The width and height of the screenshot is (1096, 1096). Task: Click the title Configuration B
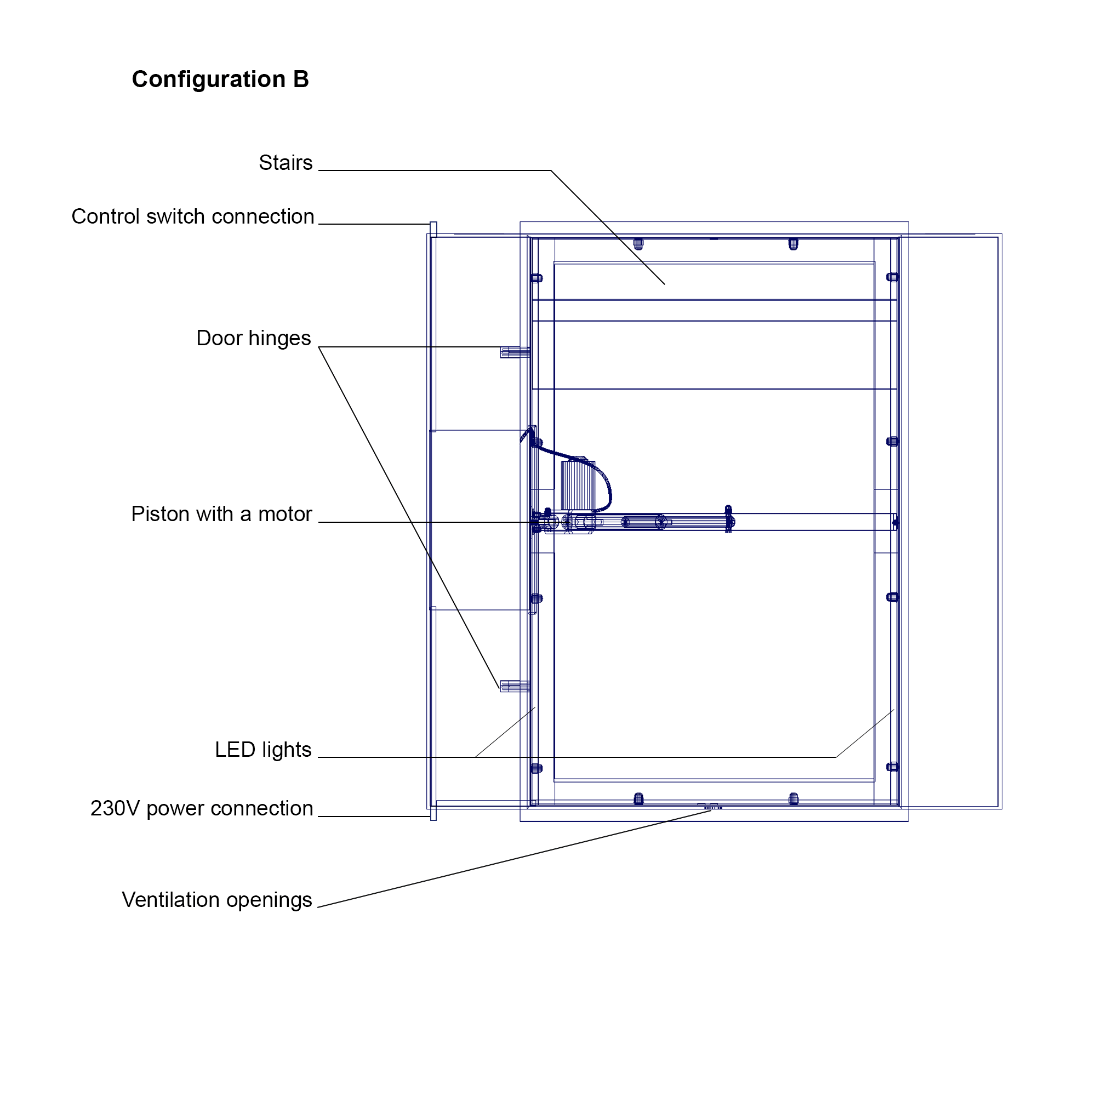pyautogui.click(x=220, y=79)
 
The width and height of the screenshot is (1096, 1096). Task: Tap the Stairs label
pyautogui.click(x=286, y=163)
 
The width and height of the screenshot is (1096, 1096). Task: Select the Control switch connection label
pyautogui.click(x=193, y=216)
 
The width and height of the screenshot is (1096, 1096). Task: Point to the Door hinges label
pyautogui.click(x=254, y=339)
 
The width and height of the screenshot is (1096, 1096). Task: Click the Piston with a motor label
pyautogui.click(x=222, y=514)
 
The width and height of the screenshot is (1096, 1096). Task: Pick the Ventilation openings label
pyautogui.click(x=217, y=900)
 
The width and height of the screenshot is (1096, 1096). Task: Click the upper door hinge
pyautogui.click(x=515, y=352)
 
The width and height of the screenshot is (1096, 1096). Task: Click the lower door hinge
pyautogui.click(x=515, y=687)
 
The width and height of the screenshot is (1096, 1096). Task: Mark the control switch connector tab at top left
pyautogui.click(x=433, y=229)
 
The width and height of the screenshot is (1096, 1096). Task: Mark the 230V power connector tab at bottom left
pyautogui.click(x=433, y=813)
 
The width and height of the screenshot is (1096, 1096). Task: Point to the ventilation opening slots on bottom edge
pyautogui.click(x=713, y=807)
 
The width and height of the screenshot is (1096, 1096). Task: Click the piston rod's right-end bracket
pyautogui.click(x=729, y=520)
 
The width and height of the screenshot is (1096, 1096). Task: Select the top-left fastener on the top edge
pyautogui.click(x=638, y=244)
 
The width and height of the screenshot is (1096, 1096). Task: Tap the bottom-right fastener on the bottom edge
pyautogui.click(x=794, y=800)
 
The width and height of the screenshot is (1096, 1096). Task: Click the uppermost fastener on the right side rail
pyautogui.click(x=892, y=277)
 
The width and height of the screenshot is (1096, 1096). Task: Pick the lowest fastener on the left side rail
pyautogui.click(x=536, y=769)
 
